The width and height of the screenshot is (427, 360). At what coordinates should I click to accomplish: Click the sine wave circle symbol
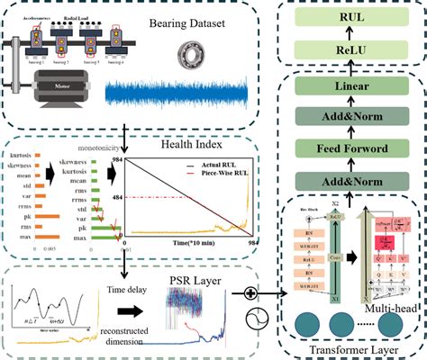pyautogui.click(x=249, y=320)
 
